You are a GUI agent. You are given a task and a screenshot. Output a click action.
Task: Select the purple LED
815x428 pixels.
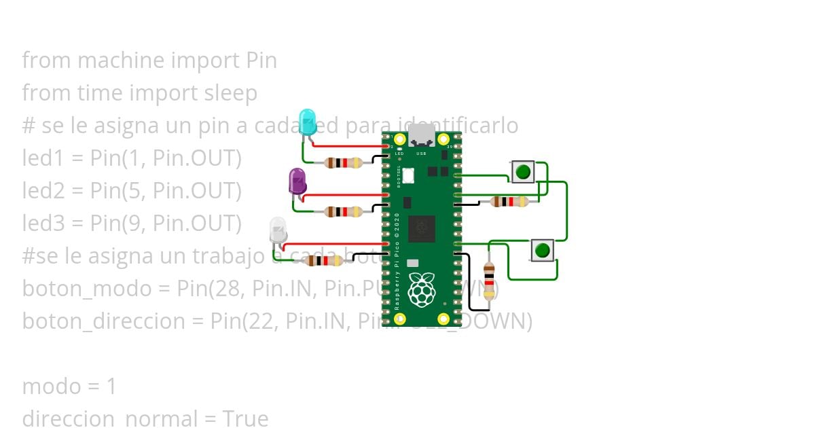(x=297, y=181)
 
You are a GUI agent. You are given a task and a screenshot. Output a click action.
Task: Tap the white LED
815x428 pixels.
(x=277, y=230)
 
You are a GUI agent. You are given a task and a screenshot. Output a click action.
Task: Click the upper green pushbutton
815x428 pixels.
(x=522, y=172)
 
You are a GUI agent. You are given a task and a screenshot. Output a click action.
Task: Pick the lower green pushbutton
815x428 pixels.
(x=542, y=250)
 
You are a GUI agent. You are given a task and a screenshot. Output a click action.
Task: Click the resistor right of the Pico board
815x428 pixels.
(x=509, y=201)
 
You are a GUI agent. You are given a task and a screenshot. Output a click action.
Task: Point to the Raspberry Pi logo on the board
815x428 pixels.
(x=421, y=290)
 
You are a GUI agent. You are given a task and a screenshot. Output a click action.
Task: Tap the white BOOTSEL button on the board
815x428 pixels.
(x=407, y=175)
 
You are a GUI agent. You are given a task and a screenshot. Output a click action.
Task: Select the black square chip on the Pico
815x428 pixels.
(x=421, y=228)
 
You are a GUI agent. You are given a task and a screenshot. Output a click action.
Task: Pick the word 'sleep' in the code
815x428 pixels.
(x=231, y=93)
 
